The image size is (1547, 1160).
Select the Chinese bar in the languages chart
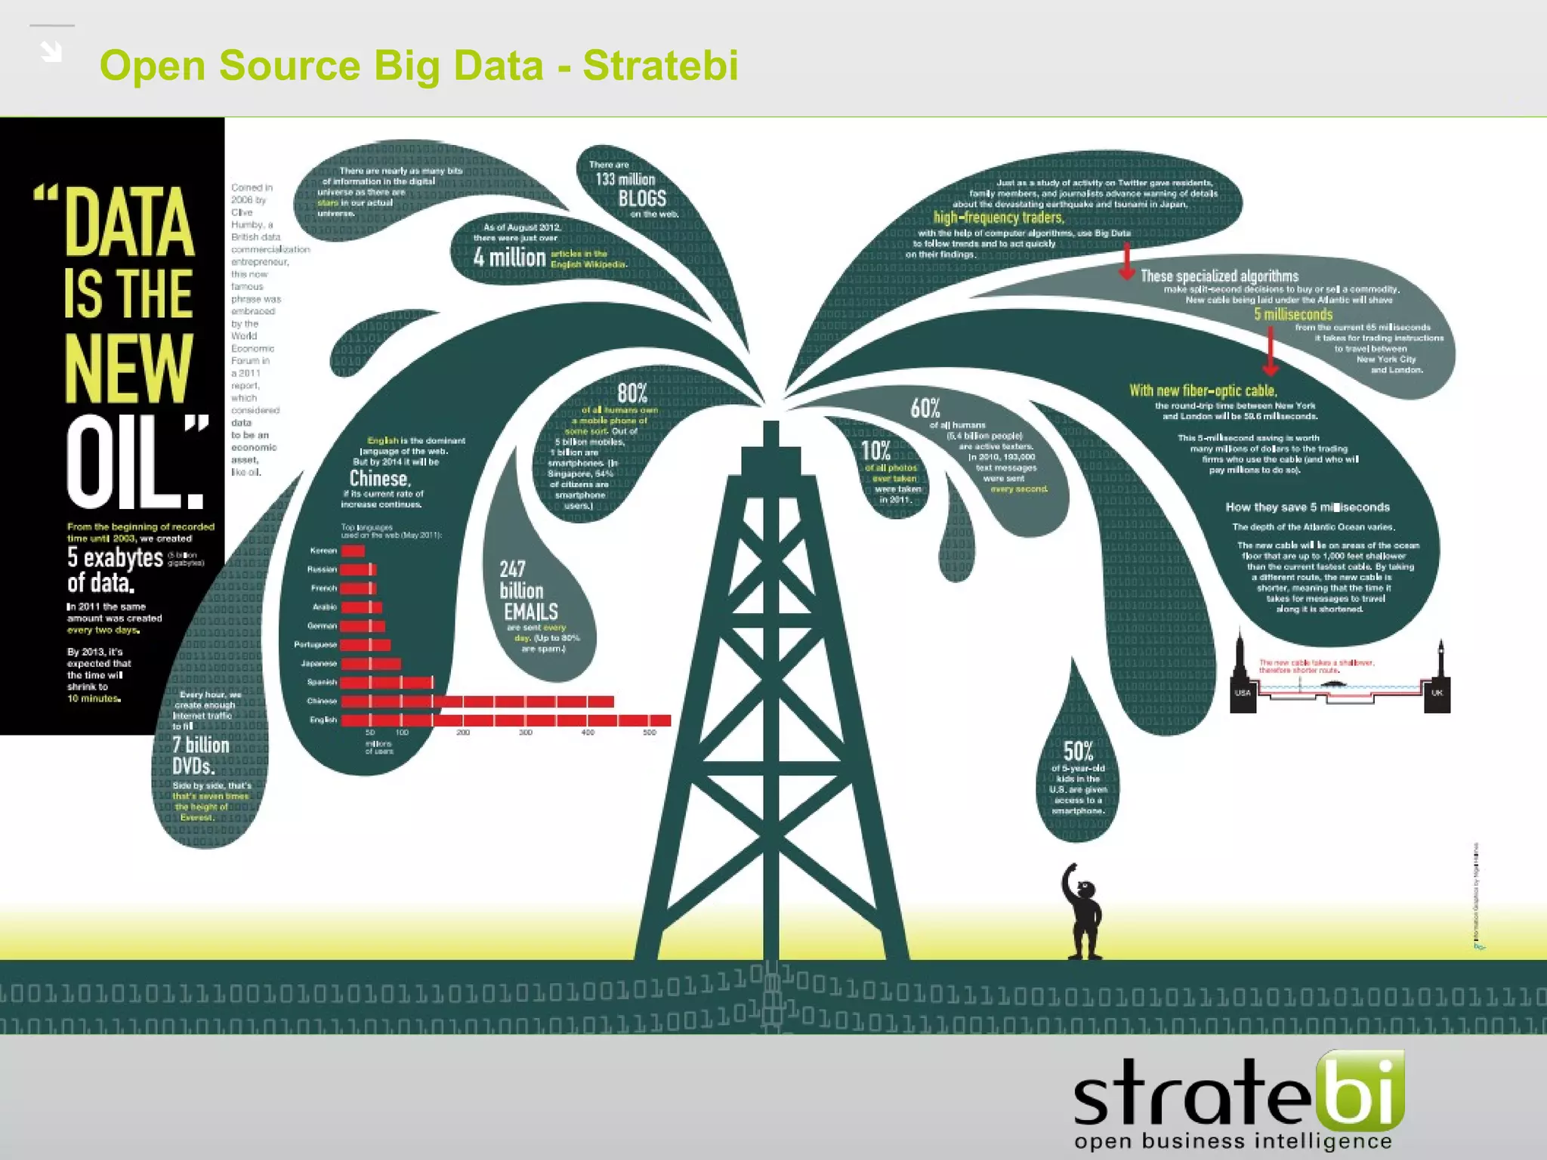(x=477, y=702)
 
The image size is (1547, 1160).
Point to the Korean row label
(x=323, y=551)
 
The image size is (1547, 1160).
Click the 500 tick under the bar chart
(x=650, y=733)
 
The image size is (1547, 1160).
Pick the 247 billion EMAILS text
(x=529, y=591)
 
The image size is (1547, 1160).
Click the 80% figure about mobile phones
(x=632, y=393)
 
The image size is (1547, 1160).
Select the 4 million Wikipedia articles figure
(x=509, y=258)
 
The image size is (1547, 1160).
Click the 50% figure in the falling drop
(x=1078, y=751)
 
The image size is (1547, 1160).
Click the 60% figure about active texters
(x=925, y=409)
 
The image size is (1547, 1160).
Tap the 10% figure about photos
(x=875, y=451)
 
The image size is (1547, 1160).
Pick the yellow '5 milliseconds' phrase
(x=1293, y=314)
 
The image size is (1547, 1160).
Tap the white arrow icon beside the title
(x=51, y=51)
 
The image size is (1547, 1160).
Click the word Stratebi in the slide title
(x=660, y=65)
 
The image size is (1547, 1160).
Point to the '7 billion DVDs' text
(x=201, y=755)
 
